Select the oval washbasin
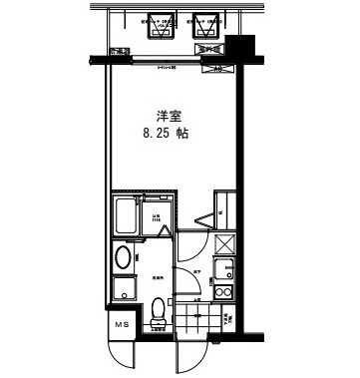[123, 258]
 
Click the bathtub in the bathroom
[126, 215]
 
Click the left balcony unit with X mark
[157, 26]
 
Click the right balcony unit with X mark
[208, 26]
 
